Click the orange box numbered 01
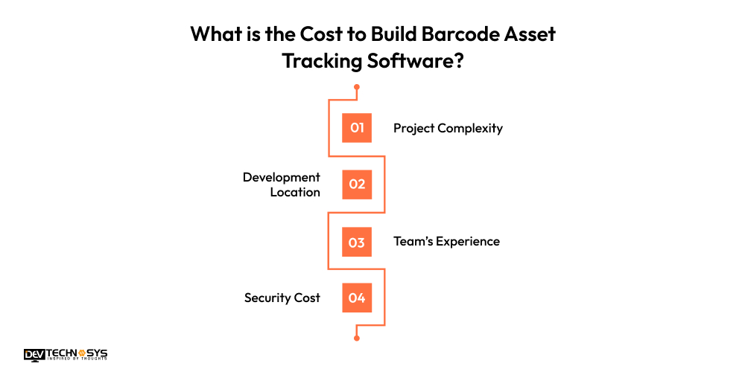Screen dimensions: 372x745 tap(357, 128)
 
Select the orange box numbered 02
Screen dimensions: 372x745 tap(357, 185)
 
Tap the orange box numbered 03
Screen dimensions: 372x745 tap(357, 242)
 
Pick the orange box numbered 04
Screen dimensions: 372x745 tap(357, 298)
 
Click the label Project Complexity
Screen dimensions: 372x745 tap(448, 128)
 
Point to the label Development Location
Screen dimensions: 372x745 tap(282, 185)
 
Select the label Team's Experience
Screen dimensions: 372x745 tap(446, 241)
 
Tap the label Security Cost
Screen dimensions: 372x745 tap(282, 298)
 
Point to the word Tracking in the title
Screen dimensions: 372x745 tap(322, 62)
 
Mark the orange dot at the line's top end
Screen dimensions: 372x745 tap(357, 87)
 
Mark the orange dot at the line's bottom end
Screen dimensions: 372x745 tap(357, 339)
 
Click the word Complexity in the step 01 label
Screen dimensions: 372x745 tap(470, 128)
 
